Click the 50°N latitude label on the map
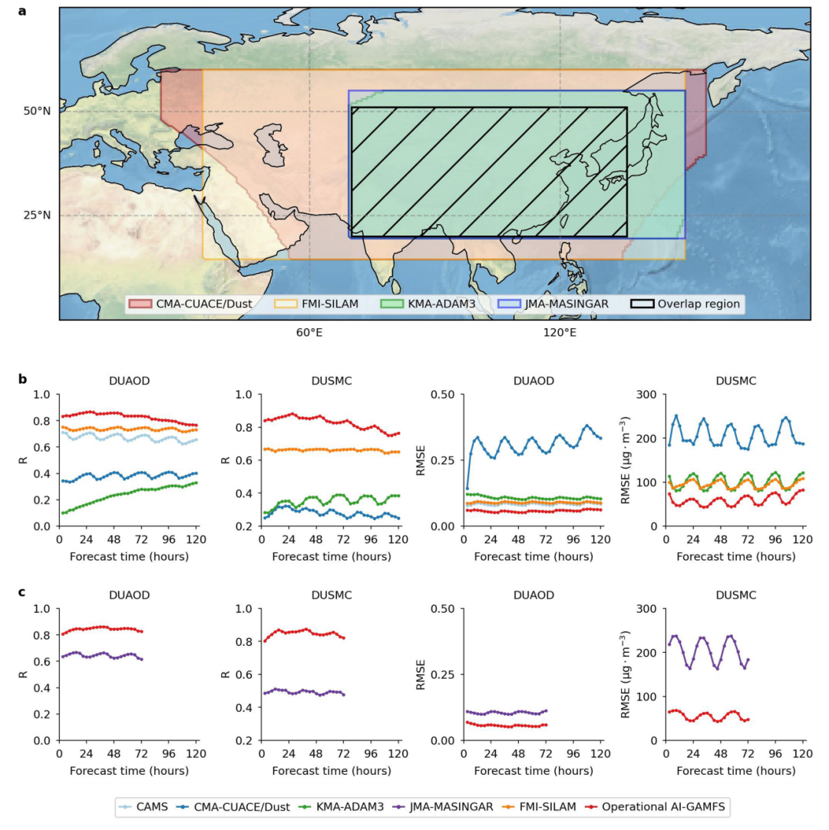(36, 111)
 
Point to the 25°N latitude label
(36, 215)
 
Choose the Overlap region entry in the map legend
(685, 304)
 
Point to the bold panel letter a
(22, 12)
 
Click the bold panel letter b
(22, 378)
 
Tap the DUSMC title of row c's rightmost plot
(735, 595)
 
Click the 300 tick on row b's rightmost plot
(649, 395)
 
